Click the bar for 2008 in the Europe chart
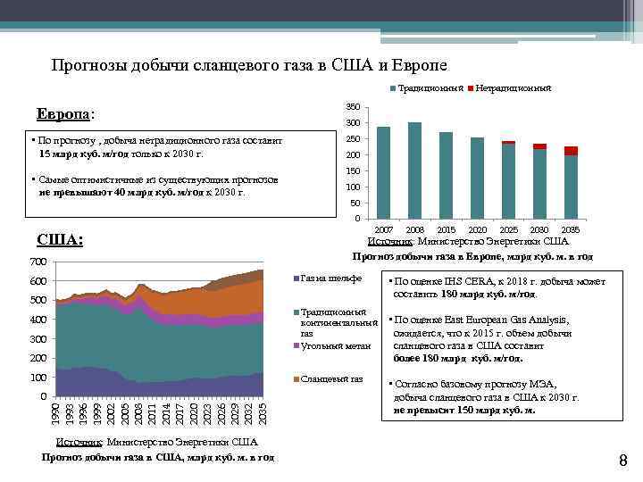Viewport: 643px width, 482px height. click(x=414, y=170)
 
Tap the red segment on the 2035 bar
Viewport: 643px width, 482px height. click(x=571, y=151)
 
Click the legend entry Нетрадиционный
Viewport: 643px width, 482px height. click(x=514, y=89)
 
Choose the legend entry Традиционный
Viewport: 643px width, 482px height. click(x=429, y=89)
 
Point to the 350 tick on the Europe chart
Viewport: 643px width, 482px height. click(x=353, y=107)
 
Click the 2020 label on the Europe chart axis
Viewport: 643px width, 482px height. click(x=477, y=230)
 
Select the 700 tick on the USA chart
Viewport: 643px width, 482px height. click(x=37, y=262)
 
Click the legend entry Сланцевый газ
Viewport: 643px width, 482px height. click(x=331, y=378)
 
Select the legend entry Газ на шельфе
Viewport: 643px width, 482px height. click(x=331, y=278)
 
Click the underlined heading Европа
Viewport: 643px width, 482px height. click(x=63, y=116)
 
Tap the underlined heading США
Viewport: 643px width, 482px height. click(x=61, y=239)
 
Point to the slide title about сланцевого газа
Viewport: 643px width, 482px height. click(x=249, y=65)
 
